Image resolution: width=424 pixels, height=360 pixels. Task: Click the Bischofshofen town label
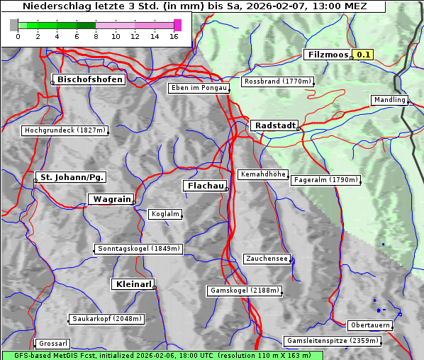[91, 79]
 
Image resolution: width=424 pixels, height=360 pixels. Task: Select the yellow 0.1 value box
[364, 55]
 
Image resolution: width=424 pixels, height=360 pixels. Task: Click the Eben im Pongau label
[199, 88]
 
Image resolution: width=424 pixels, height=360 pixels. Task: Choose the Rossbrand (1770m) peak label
[277, 81]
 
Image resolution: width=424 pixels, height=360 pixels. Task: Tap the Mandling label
[389, 100]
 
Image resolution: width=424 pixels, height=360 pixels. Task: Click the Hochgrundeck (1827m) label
[65, 130]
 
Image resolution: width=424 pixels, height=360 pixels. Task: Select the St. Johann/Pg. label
[72, 176]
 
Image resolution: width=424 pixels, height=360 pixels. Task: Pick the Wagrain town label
[110, 200]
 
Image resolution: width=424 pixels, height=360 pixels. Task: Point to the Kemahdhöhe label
[262, 174]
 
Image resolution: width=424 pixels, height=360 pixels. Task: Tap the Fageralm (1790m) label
[325, 180]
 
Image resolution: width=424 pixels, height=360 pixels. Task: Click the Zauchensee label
[267, 259]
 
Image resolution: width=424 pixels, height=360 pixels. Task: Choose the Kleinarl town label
[133, 284]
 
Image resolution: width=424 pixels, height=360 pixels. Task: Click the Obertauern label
[370, 325]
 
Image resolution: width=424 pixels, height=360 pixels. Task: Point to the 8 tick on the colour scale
[95, 36]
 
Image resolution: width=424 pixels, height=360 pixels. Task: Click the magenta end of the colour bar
[177, 25]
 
